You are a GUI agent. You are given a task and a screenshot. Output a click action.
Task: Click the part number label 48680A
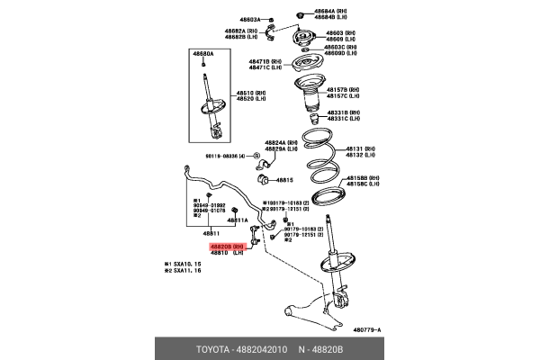click(205, 54)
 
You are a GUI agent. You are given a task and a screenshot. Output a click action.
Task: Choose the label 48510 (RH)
click(249, 93)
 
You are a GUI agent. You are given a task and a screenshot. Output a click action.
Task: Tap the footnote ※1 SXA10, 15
click(182, 265)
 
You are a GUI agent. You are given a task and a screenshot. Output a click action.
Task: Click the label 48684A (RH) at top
click(331, 11)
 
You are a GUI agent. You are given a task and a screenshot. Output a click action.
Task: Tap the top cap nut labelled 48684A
click(300, 15)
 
